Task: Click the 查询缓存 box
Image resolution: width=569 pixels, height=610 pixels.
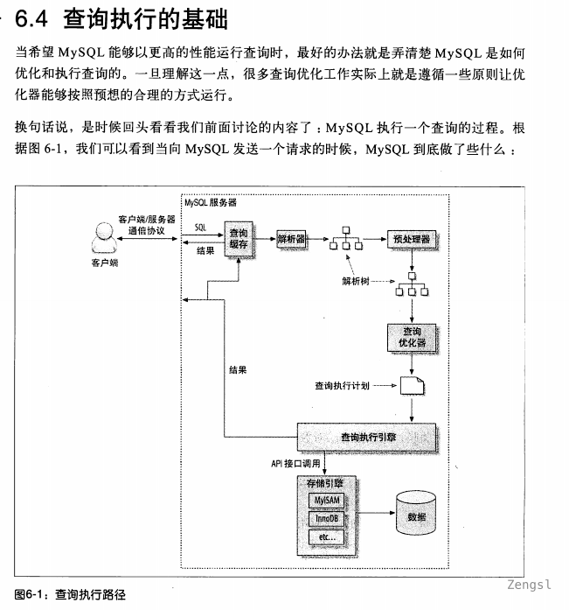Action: [x=239, y=238]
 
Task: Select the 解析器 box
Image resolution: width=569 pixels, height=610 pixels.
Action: [x=290, y=238]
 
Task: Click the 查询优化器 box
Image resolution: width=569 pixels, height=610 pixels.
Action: [x=413, y=338]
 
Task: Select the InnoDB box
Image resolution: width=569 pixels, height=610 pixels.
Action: [x=325, y=518]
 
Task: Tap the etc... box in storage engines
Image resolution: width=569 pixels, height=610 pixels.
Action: [x=325, y=536]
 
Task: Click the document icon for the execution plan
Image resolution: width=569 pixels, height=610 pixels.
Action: [x=413, y=385]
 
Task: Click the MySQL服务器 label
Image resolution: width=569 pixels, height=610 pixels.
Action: [x=210, y=202]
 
